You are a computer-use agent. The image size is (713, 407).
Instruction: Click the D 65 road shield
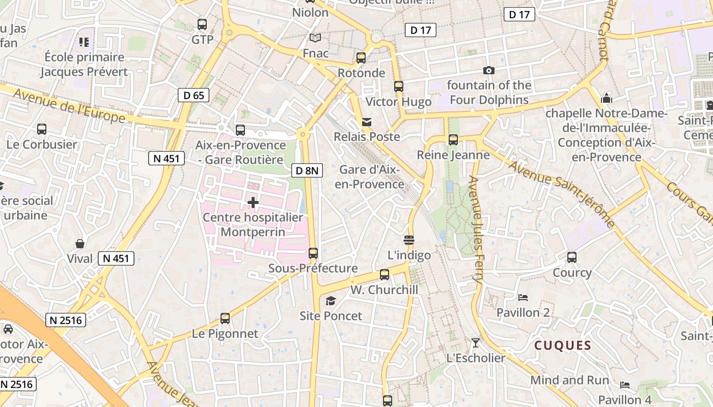coord(194,95)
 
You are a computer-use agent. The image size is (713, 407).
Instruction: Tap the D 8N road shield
coord(307,170)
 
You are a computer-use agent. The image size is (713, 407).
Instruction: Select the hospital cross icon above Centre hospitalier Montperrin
coord(253,203)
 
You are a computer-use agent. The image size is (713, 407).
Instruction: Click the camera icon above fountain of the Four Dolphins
coord(489,71)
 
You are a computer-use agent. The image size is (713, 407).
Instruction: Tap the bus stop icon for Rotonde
coord(361,58)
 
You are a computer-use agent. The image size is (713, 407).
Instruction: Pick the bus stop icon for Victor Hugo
coord(399,86)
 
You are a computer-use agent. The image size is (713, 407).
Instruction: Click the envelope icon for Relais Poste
coord(367,122)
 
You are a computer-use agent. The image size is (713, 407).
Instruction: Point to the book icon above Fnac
coord(316,38)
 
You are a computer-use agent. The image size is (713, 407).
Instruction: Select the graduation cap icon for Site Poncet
coord(331,301)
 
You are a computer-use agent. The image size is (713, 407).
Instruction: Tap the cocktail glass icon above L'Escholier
coord(476,343)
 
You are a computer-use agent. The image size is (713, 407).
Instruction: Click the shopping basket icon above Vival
coord(80,244)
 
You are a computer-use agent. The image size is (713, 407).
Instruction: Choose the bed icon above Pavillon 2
coord(523,298)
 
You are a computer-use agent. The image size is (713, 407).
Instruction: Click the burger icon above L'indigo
coord(409,240)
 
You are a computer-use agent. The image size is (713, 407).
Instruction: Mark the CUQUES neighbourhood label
coord(563,346)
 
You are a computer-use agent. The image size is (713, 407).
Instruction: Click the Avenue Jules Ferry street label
coord(476,229)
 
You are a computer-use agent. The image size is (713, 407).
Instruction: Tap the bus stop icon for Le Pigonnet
coord(225,319)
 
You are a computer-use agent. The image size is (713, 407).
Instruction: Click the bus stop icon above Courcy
coord(572,257)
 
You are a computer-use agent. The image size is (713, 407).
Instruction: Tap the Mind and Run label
coord(569,380)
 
